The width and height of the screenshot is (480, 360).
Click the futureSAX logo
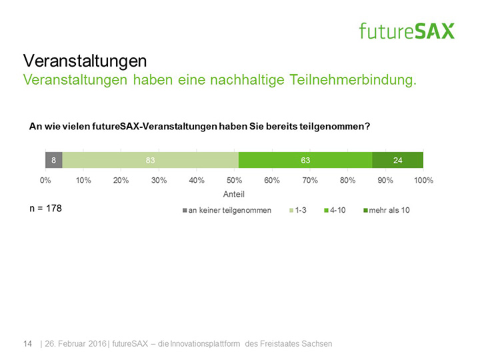pyautogui.click(x=407, y=31)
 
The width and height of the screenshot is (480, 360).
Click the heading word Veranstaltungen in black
pyautogui.click(x=85, y=61)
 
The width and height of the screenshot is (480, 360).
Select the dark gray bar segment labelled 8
pyautogui.click(x=53, y=160)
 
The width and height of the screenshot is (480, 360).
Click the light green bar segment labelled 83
pyautogui.click(x=150, y=160)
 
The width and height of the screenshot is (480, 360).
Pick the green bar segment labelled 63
pyautogui.click(x=305, y=160)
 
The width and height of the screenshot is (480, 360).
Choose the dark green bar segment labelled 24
pyautogui.click(x=397, y=160)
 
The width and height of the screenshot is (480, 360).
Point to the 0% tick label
pyautogui.click(x=46, y=180)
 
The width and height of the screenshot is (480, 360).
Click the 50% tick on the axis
pyautogui.click(x=235, y=180)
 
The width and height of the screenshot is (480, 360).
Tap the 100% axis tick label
pyautogui.click(x=423, y=180)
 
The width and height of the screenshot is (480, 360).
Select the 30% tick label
pyautogui.click(x=159, y=180)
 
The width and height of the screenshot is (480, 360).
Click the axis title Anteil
pyautogui.click(x=235, y=195)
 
